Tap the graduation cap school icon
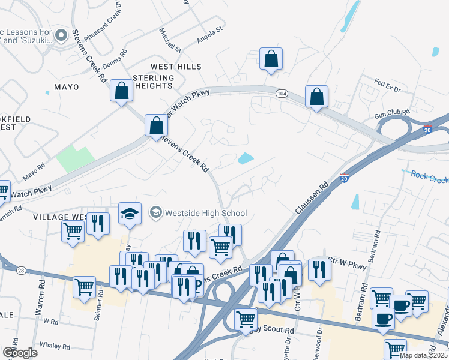[x=129, y=214]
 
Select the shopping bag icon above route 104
[x=271, y=60]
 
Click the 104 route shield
[x=282, y=94]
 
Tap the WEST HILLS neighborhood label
[x=176, y=66]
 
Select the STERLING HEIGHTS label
[x=153, y=82]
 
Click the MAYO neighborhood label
[x=67, y=87]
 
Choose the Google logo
[x=20, y=352]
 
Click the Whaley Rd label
[x=55, y=345]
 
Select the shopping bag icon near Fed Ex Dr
[x=316, y=96]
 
